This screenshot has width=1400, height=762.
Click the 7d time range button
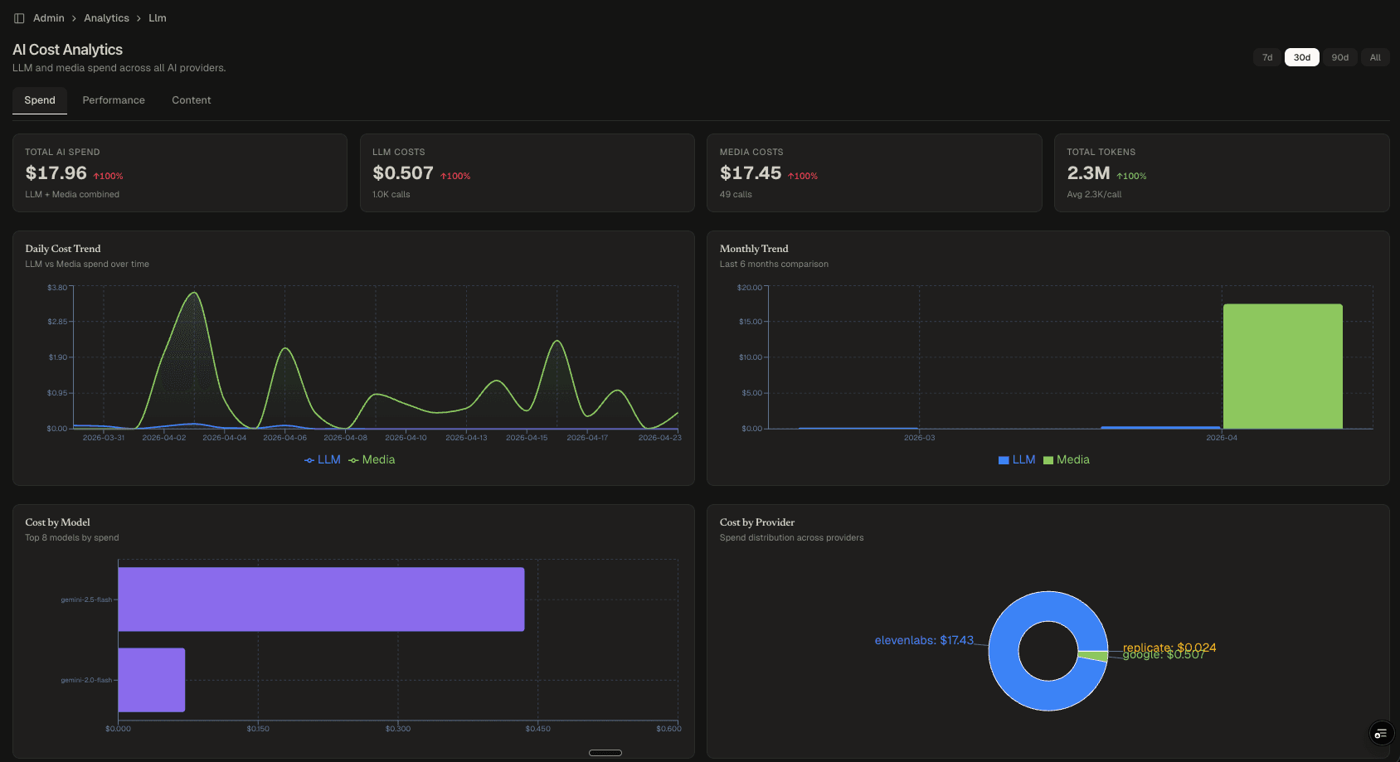click(x=1266, y=57)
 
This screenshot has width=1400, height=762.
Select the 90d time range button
click(x=1339, y=57)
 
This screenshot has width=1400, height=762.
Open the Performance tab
click(x=114, y=100)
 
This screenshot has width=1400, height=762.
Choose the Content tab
click(x=191, y=100)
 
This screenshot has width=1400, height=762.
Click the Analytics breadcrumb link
click(x=106, y=18)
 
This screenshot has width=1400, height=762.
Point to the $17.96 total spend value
click(x=56, y=173)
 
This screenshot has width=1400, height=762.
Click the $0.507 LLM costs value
click(x=402, y=173)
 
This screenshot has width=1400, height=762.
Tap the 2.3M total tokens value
click(x=1087, y=173)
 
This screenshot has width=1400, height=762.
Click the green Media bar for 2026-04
click(x=1282, y=366)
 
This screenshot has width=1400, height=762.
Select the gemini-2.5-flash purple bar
click(x=321, y=599)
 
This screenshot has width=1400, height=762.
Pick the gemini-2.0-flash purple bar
click(x=151, y=680)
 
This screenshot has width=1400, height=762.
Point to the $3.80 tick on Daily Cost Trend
click(x=57, y=288)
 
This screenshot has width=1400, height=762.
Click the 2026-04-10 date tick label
click(x=406, y=438)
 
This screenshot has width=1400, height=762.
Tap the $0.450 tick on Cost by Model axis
click(x=537, y=729)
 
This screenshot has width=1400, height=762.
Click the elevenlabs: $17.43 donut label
click(x=923, y=640)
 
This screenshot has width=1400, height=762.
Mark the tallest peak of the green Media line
click(x=194, y=293)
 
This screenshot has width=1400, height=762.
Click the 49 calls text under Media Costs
click(x=736, y=195)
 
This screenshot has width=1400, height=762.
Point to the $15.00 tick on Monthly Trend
click(x=750, y=322)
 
